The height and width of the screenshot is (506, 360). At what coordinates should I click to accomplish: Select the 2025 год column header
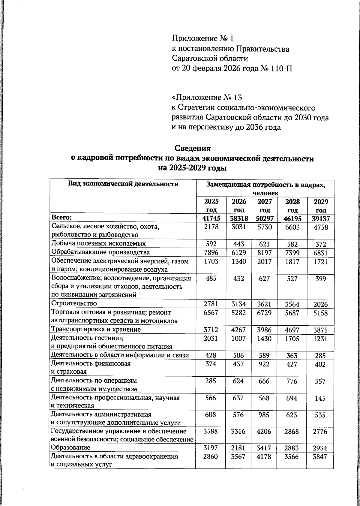211,206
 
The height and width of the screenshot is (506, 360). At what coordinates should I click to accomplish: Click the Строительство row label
74,303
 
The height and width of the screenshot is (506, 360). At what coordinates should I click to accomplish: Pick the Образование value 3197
211,448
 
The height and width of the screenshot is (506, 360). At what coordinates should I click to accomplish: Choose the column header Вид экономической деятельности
123,184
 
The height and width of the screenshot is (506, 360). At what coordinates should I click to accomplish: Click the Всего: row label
62,218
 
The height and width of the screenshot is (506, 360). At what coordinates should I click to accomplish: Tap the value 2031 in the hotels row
211,339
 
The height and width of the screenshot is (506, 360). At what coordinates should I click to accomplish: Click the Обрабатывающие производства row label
100,252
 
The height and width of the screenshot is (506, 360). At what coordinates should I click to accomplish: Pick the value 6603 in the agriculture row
292,227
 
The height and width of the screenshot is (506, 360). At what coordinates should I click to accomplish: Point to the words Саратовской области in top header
210,59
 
